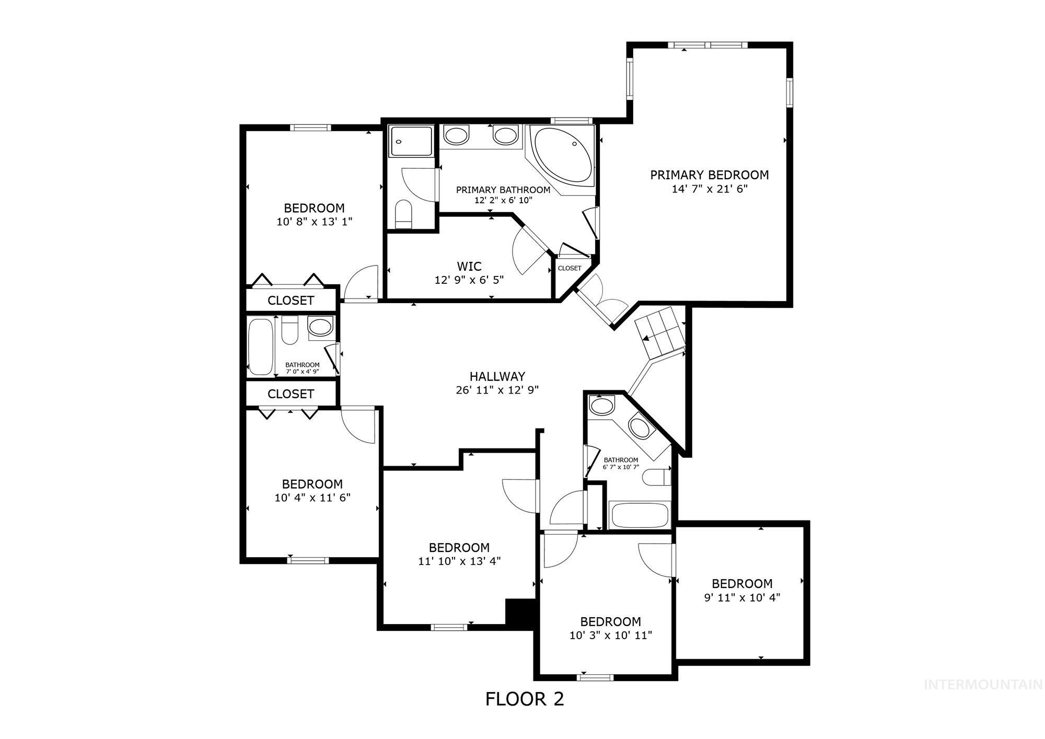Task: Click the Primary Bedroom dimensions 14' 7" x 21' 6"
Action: (x=710, y=189)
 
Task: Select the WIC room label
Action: (x=469, y=266)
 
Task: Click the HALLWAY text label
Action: (x=497, y=376)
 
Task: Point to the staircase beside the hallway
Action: (x=659, y=331)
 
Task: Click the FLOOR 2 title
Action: (x=525, y=699)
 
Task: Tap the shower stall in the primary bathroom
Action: (x=411, y=141)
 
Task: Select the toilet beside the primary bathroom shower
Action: (x=403, y=214)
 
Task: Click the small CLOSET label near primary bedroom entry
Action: (x=570, y=268)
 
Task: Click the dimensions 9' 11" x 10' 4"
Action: (x=742, y=597)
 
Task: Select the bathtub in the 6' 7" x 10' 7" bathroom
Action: (x=640, y=515)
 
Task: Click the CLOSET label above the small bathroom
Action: (x=291, y=301)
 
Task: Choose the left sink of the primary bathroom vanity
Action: (x=456, y=136)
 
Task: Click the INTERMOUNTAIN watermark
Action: (x=983, y=684)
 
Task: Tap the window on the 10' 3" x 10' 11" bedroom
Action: (x=595, y=677)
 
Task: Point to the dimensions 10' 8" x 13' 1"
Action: (x=315, y=222)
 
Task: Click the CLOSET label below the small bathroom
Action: (x=291, y=394)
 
